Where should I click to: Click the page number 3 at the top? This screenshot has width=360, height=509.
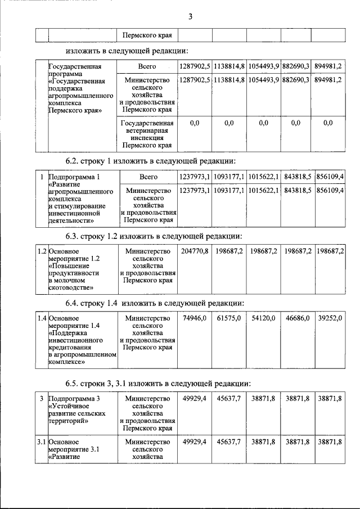(x=191, y=16)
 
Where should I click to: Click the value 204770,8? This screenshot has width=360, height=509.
(x=195, y=251)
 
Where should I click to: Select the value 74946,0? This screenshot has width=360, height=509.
(x=195, y=319)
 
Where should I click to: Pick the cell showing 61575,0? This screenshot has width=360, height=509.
(x=229, y=319)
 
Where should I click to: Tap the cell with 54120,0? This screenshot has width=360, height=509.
(x=263, y=319)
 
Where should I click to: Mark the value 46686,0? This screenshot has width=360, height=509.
(x=298, y=319)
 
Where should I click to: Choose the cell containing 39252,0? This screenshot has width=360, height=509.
(x=330, y=319)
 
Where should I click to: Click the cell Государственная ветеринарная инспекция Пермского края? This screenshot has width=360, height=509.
(x=148, y=134)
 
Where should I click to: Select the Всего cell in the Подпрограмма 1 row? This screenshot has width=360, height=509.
(x=148, y=177)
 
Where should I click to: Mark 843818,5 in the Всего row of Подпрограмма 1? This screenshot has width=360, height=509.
(x=298, y=177)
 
